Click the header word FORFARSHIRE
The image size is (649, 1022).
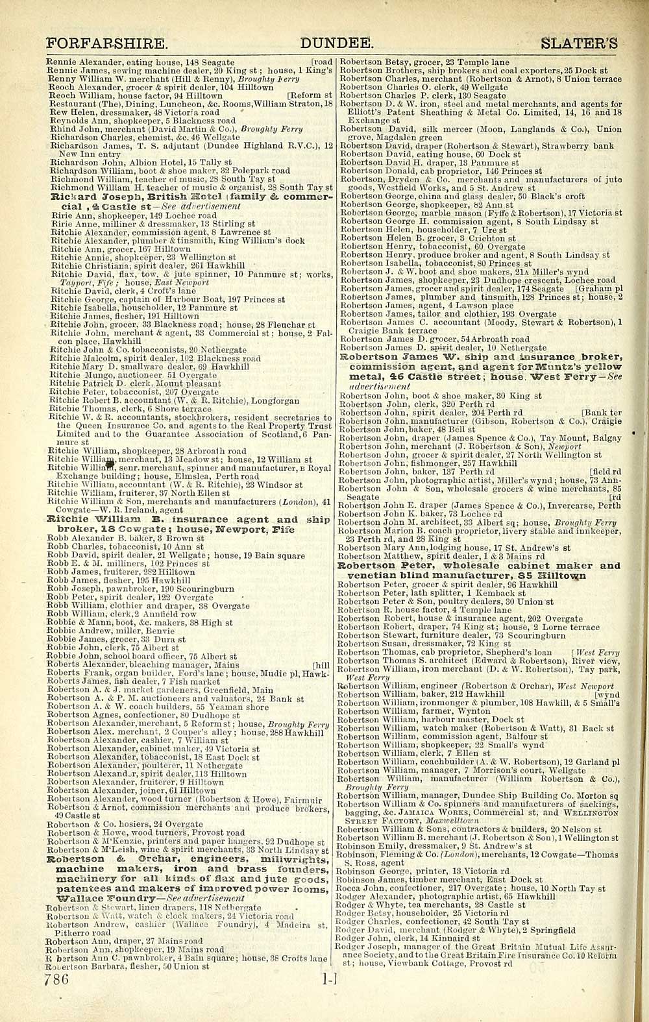pos(107,44)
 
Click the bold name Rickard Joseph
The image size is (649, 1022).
pos(97,197)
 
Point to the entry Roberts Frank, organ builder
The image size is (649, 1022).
pos(130,674)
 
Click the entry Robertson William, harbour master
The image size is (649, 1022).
pos(422,720)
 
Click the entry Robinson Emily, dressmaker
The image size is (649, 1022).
pos(415,846)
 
